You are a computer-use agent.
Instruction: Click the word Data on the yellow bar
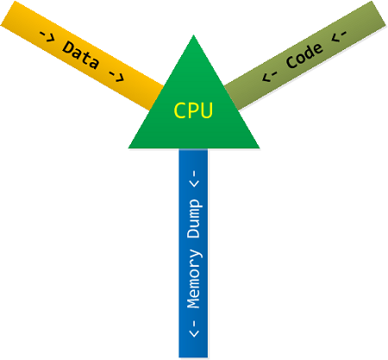coord(81,54)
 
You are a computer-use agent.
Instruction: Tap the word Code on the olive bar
coord(305,55)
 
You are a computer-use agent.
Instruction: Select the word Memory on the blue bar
coord(194,279)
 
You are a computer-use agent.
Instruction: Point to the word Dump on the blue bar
coord(194,218)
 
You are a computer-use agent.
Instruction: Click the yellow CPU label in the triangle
coord(193,110)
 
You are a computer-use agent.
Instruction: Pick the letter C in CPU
coord(180,110)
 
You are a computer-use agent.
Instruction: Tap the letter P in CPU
coord(193,110)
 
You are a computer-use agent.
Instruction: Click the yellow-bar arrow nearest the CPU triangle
coord(116,76)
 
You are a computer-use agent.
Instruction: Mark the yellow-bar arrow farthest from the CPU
coord(47,37)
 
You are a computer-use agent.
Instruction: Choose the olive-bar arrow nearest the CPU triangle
coord(269,76)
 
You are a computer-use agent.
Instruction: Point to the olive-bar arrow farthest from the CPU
coord(339,36)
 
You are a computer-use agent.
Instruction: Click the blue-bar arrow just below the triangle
coord(195,179)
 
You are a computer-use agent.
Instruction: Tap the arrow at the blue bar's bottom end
coord(195,329)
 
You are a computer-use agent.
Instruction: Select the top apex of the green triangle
coord(193,35)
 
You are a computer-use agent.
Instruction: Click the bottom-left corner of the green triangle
coord(128,148)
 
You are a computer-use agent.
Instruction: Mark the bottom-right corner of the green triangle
coord(260,148)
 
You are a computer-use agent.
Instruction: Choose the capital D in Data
coord(68,47)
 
